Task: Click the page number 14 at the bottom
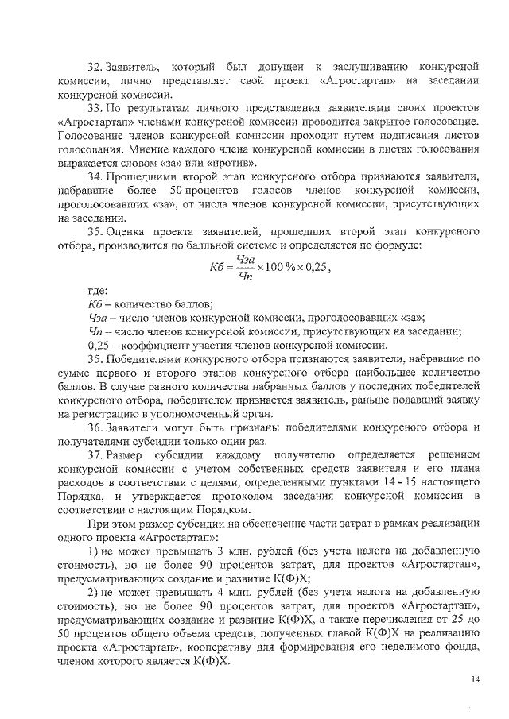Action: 476,678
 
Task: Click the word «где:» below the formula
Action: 98,292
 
